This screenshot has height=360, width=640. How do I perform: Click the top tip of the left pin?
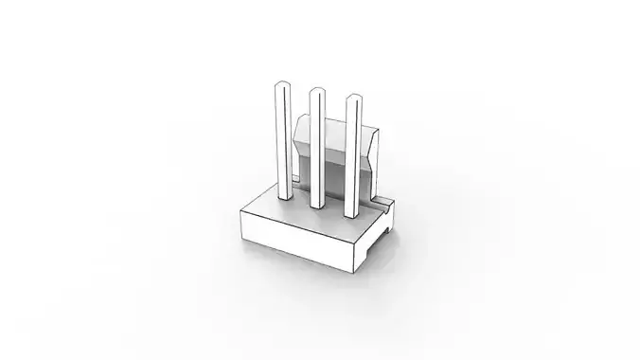pos(281,86)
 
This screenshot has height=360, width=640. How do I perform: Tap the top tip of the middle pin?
pos(317,92)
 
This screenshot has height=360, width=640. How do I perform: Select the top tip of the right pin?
pos(353,98)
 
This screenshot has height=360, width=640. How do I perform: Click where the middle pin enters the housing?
pos(318,207)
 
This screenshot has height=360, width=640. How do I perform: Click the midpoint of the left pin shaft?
pos(282,142)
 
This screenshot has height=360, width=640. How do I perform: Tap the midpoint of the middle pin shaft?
pos(317,150)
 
